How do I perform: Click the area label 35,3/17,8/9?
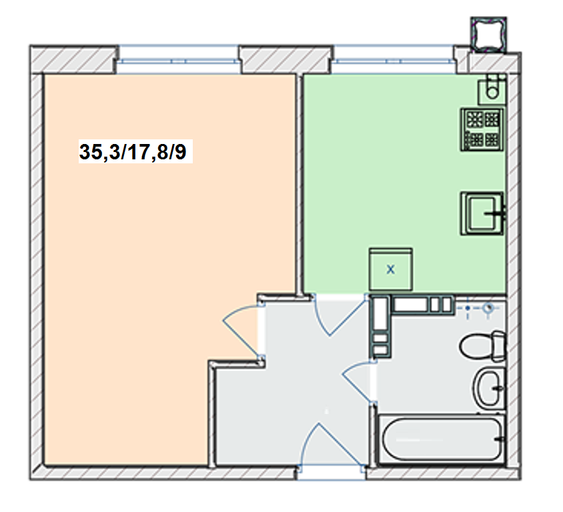coord(133,151)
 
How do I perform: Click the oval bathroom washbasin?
coord(489,387)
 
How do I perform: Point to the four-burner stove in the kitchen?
coord(482,129)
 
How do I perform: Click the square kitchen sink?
coord(482,214)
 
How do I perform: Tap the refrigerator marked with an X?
coord(391,269)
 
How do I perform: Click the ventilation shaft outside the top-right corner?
coord(489,35)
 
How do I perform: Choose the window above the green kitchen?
coord(393,60)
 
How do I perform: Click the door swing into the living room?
coord(242,330)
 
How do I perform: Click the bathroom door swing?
coord(358,382)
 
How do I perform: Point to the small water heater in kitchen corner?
coord(492,89)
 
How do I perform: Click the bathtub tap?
coord(500,439)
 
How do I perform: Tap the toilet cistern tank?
coord(499,346)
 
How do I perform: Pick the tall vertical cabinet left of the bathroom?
coord(380,327)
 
